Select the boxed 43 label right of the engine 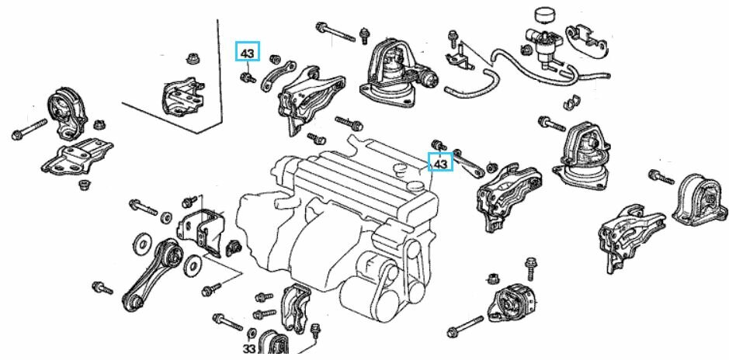pos(441,164)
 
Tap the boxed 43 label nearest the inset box pos(248,54)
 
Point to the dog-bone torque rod pos(152,275)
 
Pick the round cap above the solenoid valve pos(544,16)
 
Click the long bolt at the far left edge pos(29,130)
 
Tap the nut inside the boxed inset pos(192,57)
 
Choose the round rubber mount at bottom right pos(512,303)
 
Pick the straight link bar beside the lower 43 pos(470,161)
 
